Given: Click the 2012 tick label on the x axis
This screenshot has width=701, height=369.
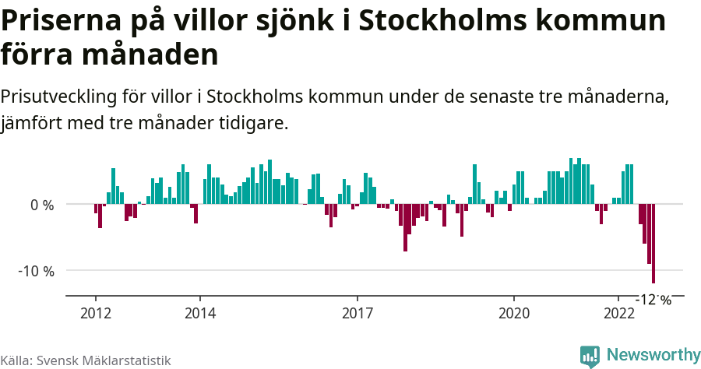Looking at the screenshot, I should pos(95,313).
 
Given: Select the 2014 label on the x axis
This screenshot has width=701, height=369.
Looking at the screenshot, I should pos(200,313).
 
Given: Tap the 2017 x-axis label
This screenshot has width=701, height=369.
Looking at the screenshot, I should pos(357,313).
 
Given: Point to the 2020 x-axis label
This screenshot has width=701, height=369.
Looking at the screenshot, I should pos(514,313).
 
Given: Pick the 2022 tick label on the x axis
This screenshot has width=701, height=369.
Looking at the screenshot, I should pos(619,313).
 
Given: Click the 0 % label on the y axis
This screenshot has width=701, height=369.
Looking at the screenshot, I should pos(42,206).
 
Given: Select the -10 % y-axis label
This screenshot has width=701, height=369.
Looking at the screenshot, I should pos(37,271).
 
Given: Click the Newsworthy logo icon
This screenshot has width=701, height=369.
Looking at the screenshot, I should pos(590,356).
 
